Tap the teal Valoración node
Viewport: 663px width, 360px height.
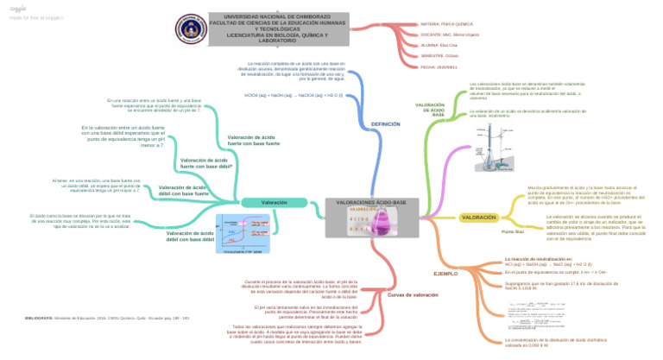click(x=275, y=202)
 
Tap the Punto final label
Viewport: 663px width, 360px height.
click(x=513, y=231)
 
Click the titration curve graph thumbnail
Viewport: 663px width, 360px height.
click(x=249, y=234)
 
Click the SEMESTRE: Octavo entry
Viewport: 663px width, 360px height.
click(x=439, y=54)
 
